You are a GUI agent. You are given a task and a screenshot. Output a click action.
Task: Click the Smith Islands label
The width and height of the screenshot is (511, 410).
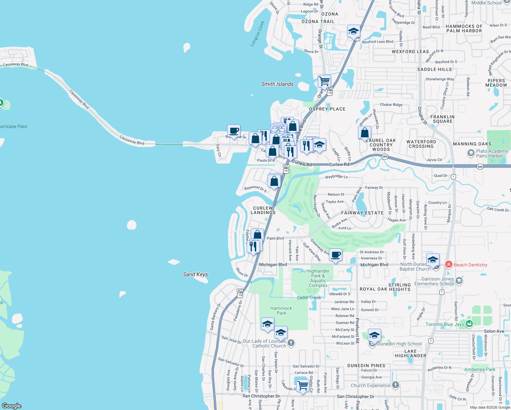277,84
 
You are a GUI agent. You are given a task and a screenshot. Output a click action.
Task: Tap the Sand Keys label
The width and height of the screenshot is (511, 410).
195,274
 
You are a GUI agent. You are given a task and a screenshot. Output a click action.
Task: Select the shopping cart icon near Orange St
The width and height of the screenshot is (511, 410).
324,82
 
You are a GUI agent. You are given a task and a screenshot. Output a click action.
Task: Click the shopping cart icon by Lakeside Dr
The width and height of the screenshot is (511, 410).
303,385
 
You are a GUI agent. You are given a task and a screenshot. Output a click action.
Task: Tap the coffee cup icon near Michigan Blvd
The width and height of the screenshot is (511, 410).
336,255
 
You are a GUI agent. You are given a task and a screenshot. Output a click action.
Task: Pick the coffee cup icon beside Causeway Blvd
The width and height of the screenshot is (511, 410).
234,131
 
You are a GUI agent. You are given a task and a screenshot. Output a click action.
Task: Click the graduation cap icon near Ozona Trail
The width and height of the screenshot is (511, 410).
354,32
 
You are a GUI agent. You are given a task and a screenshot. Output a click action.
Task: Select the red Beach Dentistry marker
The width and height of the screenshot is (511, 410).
448,264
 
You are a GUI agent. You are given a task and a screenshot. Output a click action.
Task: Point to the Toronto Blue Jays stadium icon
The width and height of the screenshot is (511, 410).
469,324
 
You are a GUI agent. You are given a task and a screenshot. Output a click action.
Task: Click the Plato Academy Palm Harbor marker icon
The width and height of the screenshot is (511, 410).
471,153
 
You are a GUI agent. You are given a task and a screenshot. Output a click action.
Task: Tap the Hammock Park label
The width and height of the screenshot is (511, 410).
281,311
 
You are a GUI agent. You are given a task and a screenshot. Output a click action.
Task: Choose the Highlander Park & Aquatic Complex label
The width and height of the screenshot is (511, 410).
318,278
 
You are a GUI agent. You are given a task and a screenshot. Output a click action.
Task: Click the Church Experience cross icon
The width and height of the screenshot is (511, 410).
396,385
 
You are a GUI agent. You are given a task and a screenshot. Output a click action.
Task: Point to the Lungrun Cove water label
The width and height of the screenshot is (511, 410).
257,34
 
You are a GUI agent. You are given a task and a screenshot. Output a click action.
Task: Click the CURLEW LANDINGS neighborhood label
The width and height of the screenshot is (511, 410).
263,210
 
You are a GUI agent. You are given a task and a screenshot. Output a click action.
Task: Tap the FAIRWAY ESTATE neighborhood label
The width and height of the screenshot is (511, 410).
362,213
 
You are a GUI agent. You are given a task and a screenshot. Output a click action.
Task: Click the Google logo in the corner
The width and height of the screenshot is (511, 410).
12,406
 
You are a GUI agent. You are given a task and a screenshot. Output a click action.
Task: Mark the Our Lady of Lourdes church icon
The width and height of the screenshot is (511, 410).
291,343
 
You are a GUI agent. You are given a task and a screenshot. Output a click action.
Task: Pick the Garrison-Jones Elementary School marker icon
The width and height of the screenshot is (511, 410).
459,281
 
